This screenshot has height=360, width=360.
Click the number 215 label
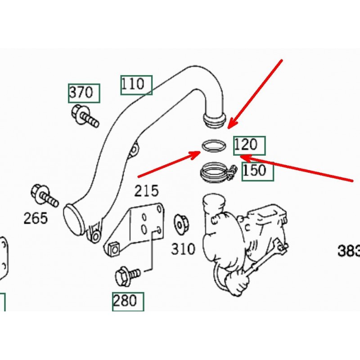[x=147, y=191]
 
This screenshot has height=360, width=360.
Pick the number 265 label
[x=36, y=219]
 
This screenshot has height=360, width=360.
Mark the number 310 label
[x=183, y=249]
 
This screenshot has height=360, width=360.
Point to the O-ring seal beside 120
[x=213, y=146]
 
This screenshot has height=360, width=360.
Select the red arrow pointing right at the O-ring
[x=169, y=164]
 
